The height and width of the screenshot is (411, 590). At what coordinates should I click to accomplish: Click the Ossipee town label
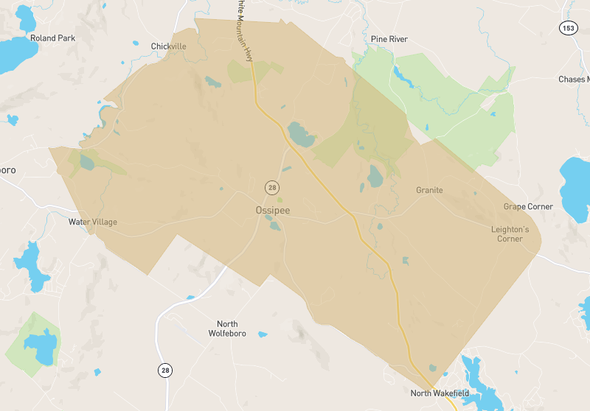click(x=273, y=211)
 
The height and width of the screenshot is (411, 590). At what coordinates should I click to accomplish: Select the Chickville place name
click(x=168, y=46)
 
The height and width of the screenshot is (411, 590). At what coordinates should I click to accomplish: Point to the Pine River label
click(x=390, y=38)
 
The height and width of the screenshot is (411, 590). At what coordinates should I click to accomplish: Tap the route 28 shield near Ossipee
click(x=272, y=188)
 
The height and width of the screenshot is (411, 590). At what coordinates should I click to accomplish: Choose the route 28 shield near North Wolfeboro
click(x=165, y=370)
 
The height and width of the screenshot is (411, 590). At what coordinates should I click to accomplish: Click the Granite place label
click(x=429, y=190)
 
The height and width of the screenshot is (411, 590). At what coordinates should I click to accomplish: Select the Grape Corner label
click(x=528, y=207)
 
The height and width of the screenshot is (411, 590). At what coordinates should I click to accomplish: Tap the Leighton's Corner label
click(x=510, y=234)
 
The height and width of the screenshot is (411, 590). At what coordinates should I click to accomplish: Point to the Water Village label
click(x=93, y=222)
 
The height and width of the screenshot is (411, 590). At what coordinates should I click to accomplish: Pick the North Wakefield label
click(x=440, y=393)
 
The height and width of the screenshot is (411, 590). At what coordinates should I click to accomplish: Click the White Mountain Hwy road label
click(x=243, y=26)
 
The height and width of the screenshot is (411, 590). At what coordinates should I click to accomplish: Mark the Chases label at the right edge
click(x=574, y=80)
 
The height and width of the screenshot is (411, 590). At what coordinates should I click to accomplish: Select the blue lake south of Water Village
click(x=30, y=266)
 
